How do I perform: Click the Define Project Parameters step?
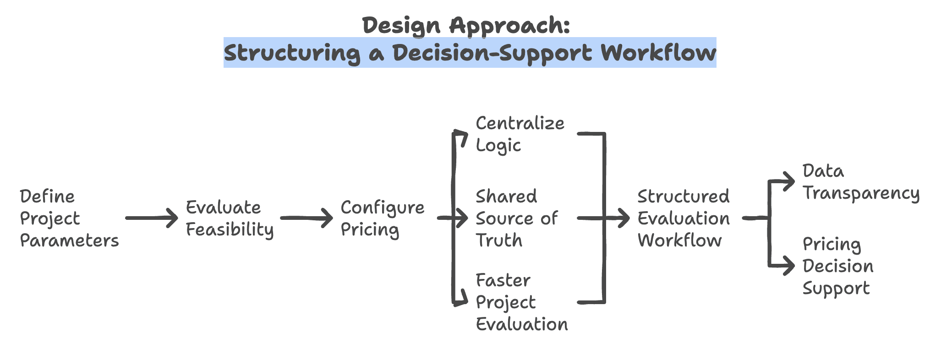pyautogui.click(x=69, y=218)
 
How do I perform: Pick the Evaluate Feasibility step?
pyautogui.click(x=230, y=218)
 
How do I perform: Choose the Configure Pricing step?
pyautogui.click(x=382, y=218)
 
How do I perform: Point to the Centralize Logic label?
pyautogui.click(x=520, y=134)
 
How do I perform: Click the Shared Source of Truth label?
pyautogui.click(x=517, y=218)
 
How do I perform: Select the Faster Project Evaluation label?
pyautogui.click(x=521, y=302)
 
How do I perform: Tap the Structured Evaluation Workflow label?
pyautogui.click(x=683, y=218)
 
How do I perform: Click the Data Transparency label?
pyautogui.click(x=861, y=182)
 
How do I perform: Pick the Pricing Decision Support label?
pyautogui.click(x=838, y=266)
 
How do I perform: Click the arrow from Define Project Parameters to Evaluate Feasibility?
pyautogui.click(x=151, y=218)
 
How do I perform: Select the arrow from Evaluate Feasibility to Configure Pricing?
pyautogui.click(x=306, y=218)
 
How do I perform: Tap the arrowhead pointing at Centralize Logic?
pyautogui.click(x=464, y=136)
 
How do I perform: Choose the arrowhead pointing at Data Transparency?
pyautogui.click(x=789, y=182)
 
